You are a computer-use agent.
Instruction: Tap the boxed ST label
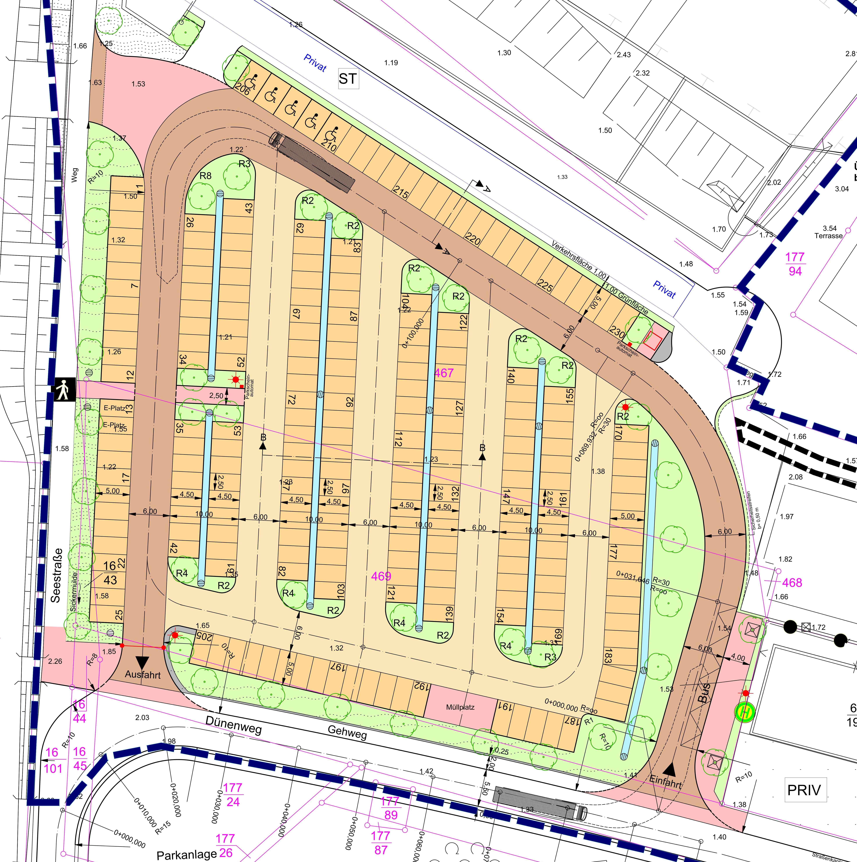tap(348, 79)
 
